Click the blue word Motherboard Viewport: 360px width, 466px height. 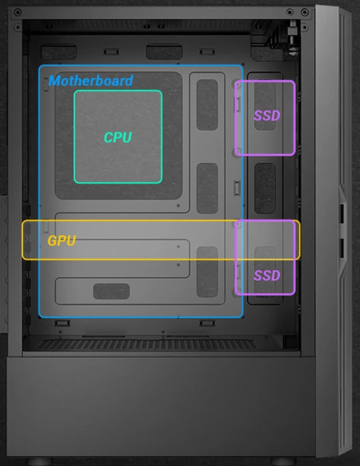pos(90,81)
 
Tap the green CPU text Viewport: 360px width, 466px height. pos(118,137)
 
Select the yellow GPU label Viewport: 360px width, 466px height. pos(62,241)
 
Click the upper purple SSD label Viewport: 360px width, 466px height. pos(267,116)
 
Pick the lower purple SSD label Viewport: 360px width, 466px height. pos(267,276)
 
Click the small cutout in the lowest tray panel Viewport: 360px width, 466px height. pos(111,292)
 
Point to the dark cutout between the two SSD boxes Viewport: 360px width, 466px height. pos(265,188)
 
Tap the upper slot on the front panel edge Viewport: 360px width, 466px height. pos(342,214)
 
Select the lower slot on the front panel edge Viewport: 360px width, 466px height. pos(342,248)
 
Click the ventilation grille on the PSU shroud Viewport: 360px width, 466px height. pos(146,345)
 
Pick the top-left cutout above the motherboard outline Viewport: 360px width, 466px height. pos(59,52)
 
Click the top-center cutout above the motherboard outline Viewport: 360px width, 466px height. pos(164,52)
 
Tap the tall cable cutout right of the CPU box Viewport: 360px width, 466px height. pos(207,105)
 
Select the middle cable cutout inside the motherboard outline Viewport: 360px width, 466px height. pos(207,188)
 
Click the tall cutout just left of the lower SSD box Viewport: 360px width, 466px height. pos(207,272)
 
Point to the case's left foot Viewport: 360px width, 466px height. pos(39,461)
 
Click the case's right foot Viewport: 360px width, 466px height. pos(283,461)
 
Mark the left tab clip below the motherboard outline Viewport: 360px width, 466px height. pos(63,323)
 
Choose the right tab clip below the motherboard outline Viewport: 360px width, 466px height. pos(207,323)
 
